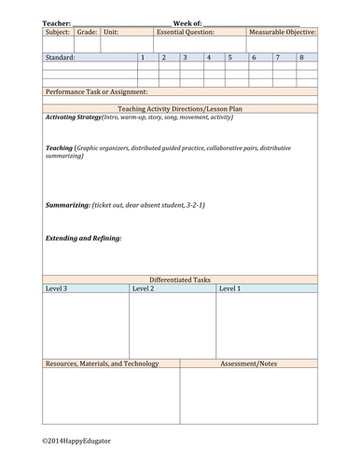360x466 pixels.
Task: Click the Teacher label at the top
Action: click(57, 21)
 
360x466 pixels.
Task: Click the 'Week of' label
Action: click(187, 21)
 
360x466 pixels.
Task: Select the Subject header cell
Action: click(58, 32)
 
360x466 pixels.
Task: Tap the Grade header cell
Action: click(87, 32)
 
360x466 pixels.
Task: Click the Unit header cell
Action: click(112, 32)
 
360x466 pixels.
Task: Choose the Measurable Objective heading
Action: click(283, 32)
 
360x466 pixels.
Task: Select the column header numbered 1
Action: click(142, 58)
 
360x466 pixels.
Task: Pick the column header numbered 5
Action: click(229, 58)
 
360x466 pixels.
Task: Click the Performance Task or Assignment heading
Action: click(96, 92)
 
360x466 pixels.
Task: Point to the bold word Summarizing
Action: click(68, 204)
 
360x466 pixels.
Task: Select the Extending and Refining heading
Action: click(84, 238)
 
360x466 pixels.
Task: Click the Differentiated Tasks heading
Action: click(181, 280)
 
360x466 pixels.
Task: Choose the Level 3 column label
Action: click(56, 289)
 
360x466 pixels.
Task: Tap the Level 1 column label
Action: click(229, 289)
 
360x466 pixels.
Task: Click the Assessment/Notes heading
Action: click(249, 363)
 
